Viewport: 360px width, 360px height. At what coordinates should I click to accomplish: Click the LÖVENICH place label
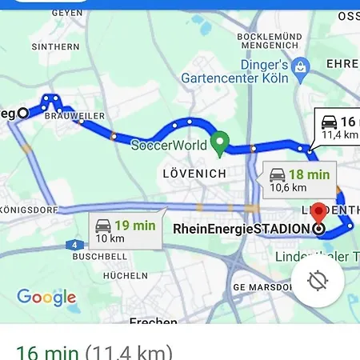194,173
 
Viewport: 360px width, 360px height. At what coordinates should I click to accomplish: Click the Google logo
46,298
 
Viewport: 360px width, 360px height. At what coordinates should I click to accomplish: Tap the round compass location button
318,281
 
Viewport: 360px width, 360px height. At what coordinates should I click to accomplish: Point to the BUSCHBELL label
99,258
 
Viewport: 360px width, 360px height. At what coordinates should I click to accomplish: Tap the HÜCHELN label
125,275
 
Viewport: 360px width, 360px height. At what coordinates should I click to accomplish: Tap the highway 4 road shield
74,244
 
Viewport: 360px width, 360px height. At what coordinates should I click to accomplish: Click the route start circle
22,113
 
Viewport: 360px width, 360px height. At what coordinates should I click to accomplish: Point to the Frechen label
153,322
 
